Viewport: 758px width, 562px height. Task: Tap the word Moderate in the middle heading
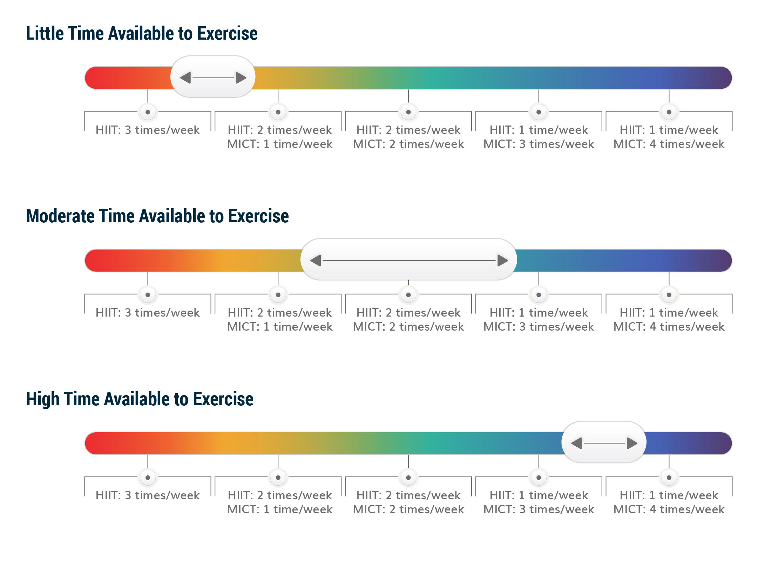60,216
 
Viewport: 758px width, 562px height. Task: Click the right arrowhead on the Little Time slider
241,77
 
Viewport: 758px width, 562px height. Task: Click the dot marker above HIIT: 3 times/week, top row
148,112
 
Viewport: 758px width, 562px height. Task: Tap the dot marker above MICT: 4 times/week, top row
669,112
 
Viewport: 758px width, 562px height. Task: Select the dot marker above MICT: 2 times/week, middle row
408,295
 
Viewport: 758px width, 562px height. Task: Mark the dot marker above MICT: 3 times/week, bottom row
539,478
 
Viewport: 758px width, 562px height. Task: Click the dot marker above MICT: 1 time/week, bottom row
278,478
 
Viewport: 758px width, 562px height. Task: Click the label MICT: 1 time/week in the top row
280,144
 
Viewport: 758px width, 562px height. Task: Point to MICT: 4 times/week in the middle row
669,327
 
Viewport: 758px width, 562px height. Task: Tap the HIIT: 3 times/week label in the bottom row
148,495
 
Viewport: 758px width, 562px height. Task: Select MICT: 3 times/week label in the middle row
539,327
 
